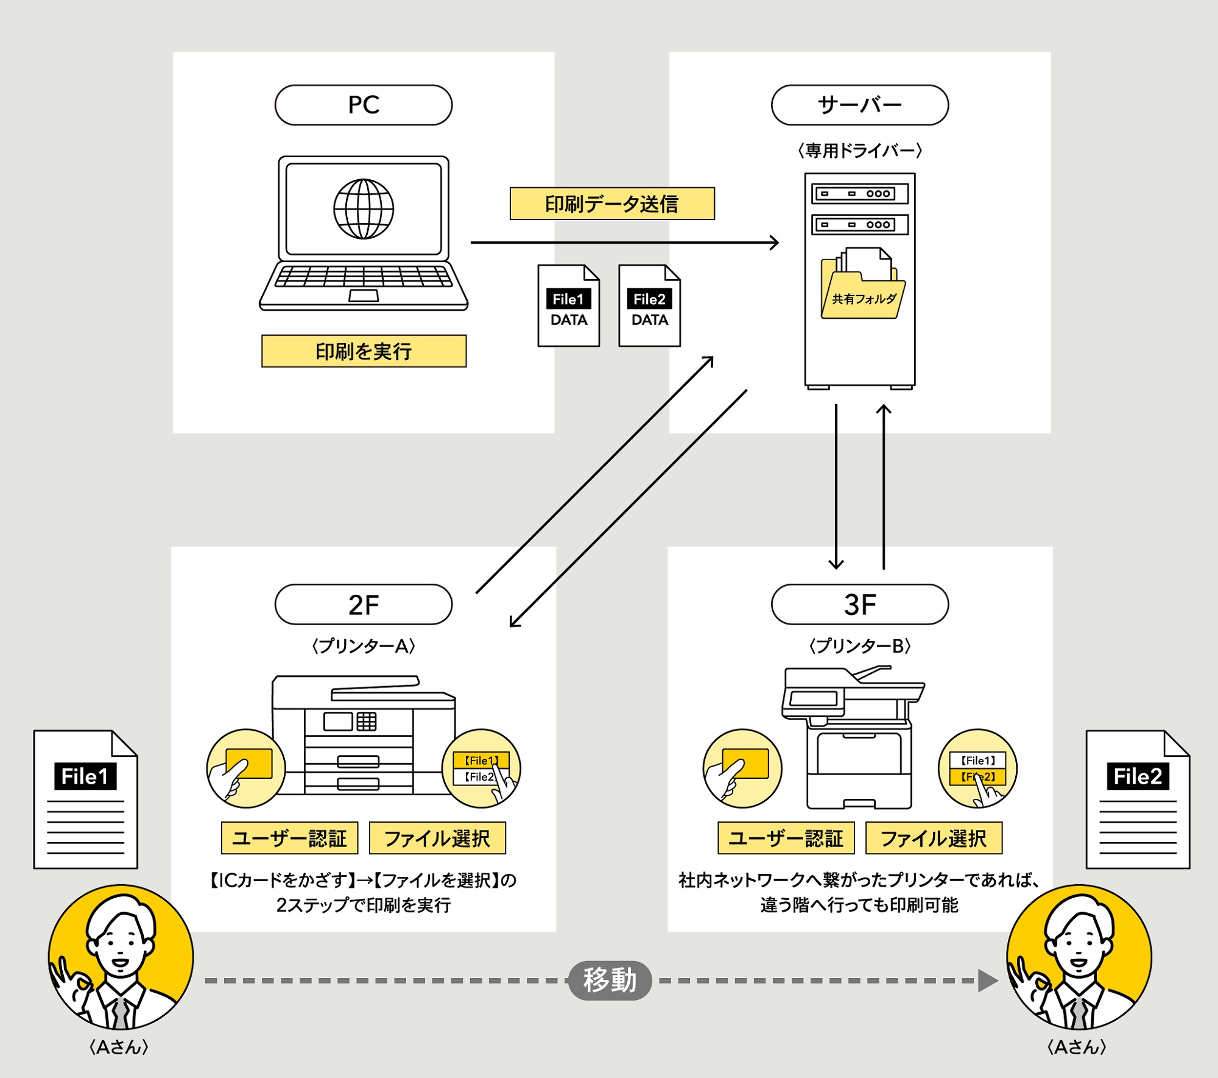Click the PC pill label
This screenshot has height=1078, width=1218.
click(364, 105)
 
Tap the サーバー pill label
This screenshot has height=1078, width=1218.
click(859, 105)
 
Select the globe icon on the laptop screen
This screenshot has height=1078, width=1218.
click(364, 209)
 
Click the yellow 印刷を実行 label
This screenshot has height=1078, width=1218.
click(364, 351)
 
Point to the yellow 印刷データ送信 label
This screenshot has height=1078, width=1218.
click(612, 204)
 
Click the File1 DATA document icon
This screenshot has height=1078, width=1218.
click(568, 307)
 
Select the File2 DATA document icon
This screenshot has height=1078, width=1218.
click(649, 307)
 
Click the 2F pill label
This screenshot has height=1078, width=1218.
click(364, 605)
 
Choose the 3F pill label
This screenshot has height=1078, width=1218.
click(859, 605)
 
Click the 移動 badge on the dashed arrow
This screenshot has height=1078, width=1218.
click(610, 980)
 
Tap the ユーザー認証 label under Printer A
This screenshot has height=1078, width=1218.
click(289, 838)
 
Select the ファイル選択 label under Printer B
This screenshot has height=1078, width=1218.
click(934, 838)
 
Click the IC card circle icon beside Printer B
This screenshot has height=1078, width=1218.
click(742, 768)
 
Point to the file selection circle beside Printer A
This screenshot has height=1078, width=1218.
click(481, 768)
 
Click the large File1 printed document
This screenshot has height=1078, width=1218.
click(86, 800)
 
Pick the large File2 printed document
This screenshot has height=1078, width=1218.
click(1138, 800)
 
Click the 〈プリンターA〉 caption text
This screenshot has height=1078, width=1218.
click(364, 646)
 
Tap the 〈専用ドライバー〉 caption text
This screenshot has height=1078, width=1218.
click(859, 151)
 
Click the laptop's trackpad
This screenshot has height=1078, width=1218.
click(364, 296)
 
